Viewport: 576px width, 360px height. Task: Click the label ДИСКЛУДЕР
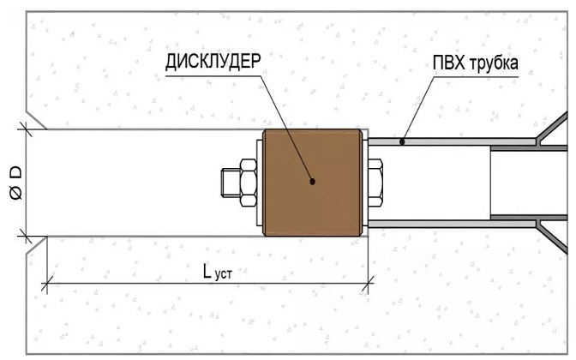point(213,62)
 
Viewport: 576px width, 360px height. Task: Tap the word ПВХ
point(448,63)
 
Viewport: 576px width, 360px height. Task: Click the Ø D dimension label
point(15,183)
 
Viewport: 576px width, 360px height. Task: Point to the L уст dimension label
point(218,273)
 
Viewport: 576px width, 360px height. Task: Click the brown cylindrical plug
point(312,183)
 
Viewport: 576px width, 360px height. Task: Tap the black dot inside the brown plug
point(312,181)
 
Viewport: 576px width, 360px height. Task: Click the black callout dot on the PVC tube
point(402,141)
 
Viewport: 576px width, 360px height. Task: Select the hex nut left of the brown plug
point(249,183)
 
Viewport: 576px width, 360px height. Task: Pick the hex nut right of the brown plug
point(375,183)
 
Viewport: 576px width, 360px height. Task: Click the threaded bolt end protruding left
point(231,183)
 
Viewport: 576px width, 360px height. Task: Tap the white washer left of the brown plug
point(260,183)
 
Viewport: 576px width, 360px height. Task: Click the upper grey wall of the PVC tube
point(452,141)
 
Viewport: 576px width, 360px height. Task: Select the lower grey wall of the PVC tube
point(452,224)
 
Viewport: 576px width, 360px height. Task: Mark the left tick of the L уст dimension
point(46,284)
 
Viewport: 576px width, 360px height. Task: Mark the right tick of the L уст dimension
point(368,284)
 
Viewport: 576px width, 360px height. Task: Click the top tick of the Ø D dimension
point(26,129)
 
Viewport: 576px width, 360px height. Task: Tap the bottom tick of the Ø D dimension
point(26,237)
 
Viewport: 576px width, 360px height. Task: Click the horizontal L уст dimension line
point(207,284)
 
